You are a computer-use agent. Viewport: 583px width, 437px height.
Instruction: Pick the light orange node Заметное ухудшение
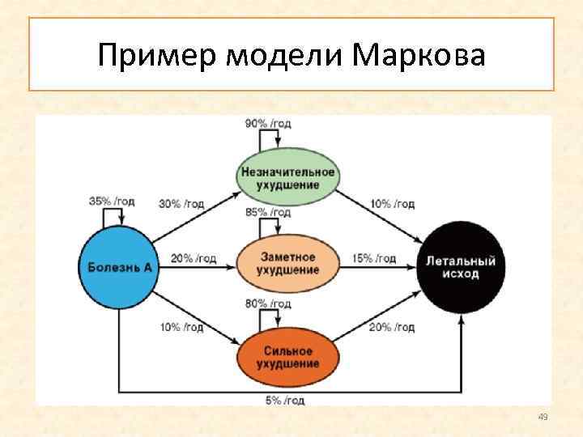tap(287, 263)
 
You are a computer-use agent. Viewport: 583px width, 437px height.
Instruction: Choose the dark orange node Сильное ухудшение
tap(287, 357)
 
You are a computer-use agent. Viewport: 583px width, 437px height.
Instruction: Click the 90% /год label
tap(267, 123)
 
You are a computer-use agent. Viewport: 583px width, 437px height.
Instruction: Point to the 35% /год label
tap(112, 201)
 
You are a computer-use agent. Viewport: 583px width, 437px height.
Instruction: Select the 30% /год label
tap(181, 204)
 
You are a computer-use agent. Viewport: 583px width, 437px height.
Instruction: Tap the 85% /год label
tap(267, 213)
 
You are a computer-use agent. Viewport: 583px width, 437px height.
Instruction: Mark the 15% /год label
tap(374, 259)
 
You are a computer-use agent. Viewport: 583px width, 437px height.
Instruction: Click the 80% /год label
tap(267, 304)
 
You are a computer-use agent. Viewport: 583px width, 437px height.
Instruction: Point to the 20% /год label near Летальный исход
tap(392, 327)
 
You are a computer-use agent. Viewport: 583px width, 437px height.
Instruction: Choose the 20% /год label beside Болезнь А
tap(194, 259)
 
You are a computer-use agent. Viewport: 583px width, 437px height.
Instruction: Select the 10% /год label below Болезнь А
tap(181, 327)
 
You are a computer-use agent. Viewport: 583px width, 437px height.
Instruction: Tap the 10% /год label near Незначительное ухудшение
tap(392, 204)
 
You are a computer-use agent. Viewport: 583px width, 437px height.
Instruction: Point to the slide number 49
tap(543, 417)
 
